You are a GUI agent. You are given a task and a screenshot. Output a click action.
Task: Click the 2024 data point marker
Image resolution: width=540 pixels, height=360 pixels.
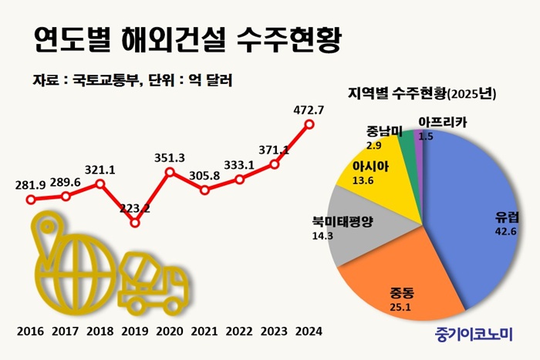(x=309, y=123)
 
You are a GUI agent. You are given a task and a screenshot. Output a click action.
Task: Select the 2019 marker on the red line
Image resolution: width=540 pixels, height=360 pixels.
(x=135, y=223)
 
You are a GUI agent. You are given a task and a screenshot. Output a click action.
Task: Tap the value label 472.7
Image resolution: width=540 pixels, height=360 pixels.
(x=309, y=109)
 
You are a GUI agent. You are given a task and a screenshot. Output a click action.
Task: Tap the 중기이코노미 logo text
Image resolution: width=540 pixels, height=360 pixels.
(x=473, y=334)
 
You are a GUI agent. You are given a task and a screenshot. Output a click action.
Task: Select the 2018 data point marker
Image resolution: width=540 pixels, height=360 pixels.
(x=100, y=184)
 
